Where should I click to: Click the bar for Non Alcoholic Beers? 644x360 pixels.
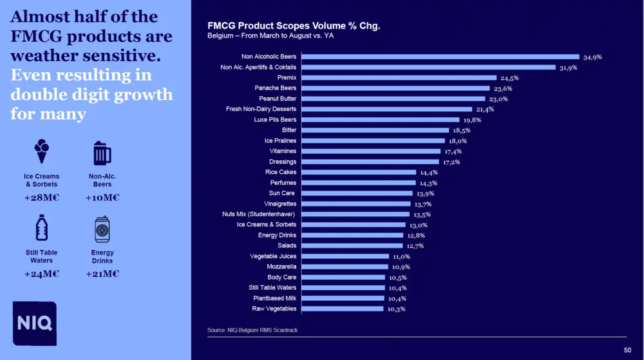[x=440, y=57]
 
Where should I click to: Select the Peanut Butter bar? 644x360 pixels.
[x=393, y=99]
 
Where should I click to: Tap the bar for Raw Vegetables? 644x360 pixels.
[x=343, y=309]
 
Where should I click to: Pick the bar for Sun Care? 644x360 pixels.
[x=357, y=193]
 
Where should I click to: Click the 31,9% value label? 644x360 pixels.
[x=568, y=68]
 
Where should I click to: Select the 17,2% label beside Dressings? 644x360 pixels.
[x=451, y=162]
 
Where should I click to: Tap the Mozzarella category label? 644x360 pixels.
[x=281, y=267]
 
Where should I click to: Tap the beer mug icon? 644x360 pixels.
[x=102, y=153]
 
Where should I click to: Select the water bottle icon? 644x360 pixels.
[x=41, y=228]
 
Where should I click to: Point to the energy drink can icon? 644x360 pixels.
[x=102, y=229]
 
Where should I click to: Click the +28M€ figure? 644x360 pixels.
[x=41, y=198]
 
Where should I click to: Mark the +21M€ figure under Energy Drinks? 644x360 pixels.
[x=102, y=274]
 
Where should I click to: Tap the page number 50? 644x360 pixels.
[x=627, y=350]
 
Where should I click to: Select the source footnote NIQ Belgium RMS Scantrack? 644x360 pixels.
[x=252, y=330]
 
